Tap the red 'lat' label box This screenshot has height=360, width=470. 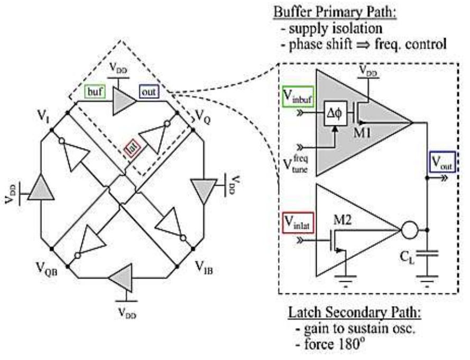click(x=130, y=145)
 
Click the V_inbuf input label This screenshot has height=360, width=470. click(x=297, y=97)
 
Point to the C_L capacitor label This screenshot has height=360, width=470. click(x=410, y=260)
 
